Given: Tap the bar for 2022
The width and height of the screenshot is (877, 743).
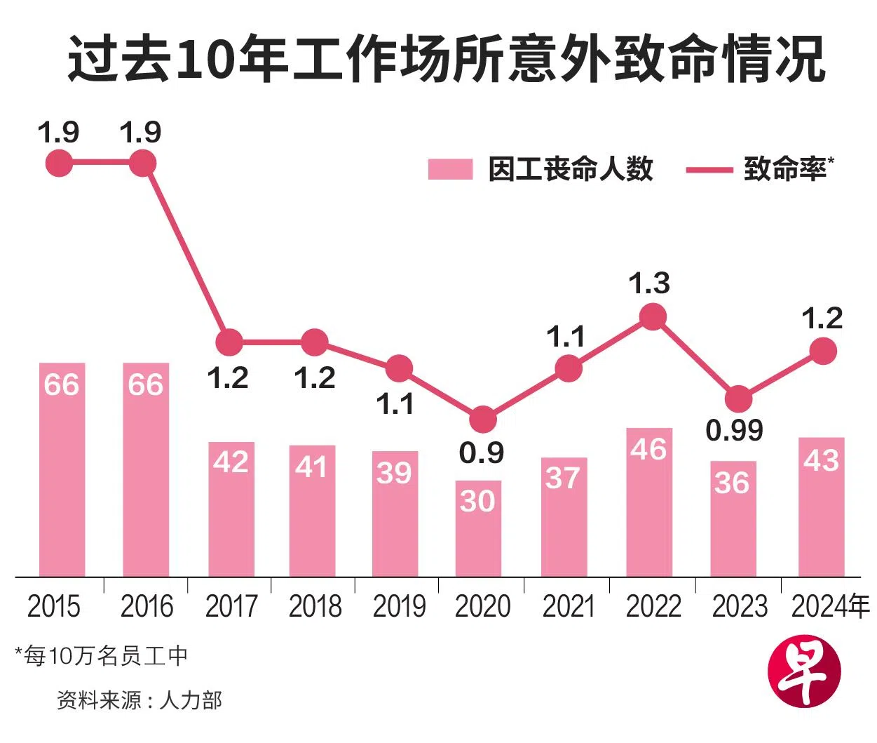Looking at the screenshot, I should (x=649, y=502).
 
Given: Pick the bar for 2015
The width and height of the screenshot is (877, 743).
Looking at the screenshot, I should (x=62, y=470).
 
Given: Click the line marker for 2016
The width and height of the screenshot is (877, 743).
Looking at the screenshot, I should (x=143, y=164).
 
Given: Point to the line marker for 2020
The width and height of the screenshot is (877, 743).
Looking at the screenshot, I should (x=482, y=420).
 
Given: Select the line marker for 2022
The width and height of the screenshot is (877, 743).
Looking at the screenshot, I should (x=653, y=317).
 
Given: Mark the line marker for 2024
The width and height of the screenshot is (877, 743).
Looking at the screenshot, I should (x=824, y=351).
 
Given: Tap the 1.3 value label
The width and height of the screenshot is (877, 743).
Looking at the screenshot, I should (x=649, y=283).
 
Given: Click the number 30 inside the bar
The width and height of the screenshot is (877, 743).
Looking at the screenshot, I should (x=477, y=501).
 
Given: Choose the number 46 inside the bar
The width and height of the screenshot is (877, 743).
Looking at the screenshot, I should (x=648, y=449).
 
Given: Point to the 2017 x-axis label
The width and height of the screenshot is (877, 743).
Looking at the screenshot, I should (x=231, y=606).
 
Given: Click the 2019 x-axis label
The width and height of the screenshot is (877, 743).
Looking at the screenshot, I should (x=399, y=606).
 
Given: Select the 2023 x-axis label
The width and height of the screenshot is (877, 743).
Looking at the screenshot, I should (x=740, y=606).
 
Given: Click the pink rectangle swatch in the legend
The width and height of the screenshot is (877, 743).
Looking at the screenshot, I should (x=450, y=170).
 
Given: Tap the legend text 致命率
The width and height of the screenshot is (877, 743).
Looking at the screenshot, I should (x=785, y=169).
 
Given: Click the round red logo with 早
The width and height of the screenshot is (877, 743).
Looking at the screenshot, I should (x=804, y=674).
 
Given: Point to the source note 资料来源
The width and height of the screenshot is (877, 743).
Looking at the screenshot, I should (x=139, y=700).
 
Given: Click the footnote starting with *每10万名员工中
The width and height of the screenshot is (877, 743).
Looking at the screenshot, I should (x=102, y=656).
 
